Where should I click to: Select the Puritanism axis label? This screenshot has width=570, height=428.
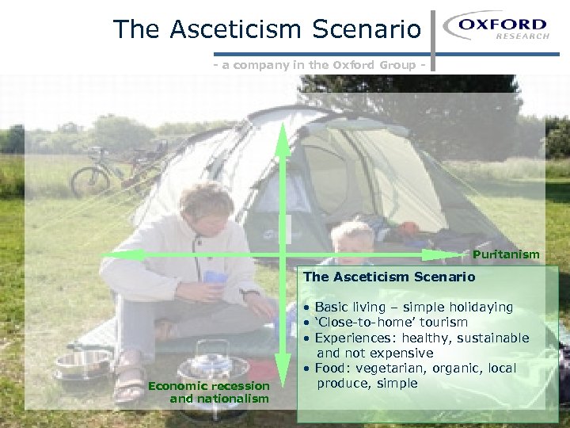[x=506, y=254]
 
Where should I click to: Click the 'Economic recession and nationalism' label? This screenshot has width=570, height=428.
[x=218, y=392]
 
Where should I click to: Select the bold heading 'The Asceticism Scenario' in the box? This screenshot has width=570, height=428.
[x=389, y=277]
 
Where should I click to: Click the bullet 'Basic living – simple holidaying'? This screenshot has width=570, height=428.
[x=413, y=307]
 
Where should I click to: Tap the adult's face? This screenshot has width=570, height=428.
[x=208, y=214]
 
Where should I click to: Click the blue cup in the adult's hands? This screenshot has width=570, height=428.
[x=215, y=279]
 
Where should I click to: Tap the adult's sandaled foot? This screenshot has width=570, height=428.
[x=128, y=383]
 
